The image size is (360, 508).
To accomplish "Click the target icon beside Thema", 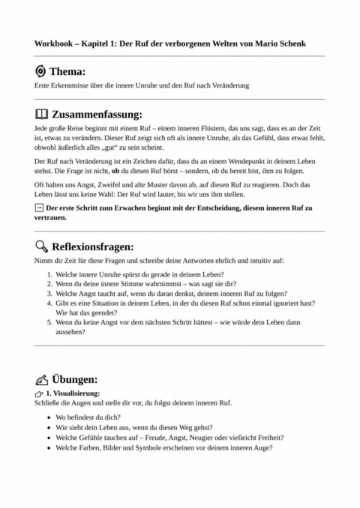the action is click(x=40, y=71).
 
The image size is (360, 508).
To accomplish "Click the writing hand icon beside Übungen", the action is click(x=40, y=380).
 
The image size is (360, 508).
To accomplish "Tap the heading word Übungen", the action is click(x=74, y=380).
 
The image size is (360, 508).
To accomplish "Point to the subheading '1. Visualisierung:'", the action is click(x=73, y=393).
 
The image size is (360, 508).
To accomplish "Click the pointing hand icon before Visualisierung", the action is click(x=39, y=393).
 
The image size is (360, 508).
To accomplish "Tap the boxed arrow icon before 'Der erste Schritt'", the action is click(x=39, y=207).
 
